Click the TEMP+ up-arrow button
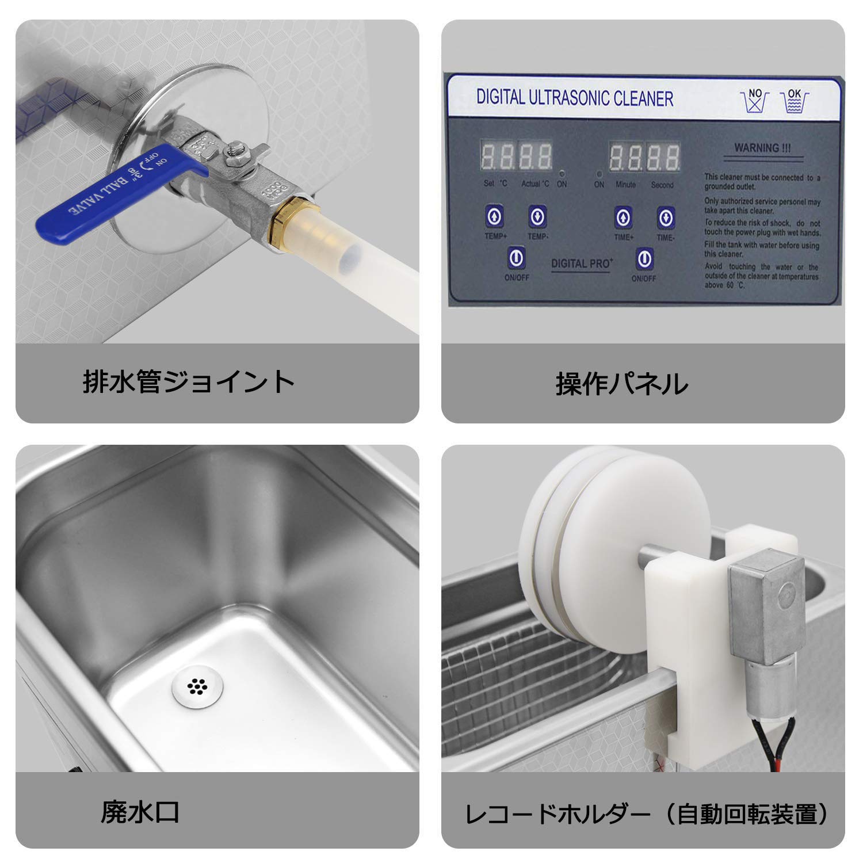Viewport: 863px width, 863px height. pos(495,217)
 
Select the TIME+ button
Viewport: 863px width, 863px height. pos(624,217)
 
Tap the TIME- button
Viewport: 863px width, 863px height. pos(666,217)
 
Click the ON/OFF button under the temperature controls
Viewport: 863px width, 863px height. pos(516,257)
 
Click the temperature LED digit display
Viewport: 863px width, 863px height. pos(517,156)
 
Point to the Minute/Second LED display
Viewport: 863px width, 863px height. pos(644,156)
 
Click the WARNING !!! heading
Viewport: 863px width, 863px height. pos(762,148)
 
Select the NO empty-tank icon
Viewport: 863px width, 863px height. pos(755,101)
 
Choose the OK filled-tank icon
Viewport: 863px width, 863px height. pos(794,101)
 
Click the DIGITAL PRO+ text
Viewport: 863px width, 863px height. pos(582,264)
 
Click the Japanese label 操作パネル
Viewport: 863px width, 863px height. pos(621,384)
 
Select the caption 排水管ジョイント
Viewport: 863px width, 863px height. pos(188,382)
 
